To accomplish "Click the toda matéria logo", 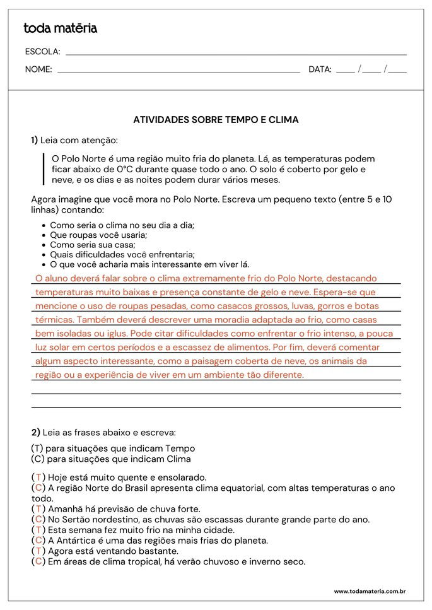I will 60,28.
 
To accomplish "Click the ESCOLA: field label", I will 42,52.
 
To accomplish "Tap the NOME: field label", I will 38,69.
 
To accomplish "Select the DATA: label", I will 320,69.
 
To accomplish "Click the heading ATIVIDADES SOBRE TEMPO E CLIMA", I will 216,119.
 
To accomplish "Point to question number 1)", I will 35,140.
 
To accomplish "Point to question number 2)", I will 35,433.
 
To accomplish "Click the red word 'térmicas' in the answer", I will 53,319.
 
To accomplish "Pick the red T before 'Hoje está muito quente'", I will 38,478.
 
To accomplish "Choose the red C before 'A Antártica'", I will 39,541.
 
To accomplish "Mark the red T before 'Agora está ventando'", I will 38,551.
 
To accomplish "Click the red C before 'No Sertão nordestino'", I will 39,520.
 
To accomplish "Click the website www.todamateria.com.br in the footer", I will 369,591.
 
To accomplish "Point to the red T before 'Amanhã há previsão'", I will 38,509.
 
